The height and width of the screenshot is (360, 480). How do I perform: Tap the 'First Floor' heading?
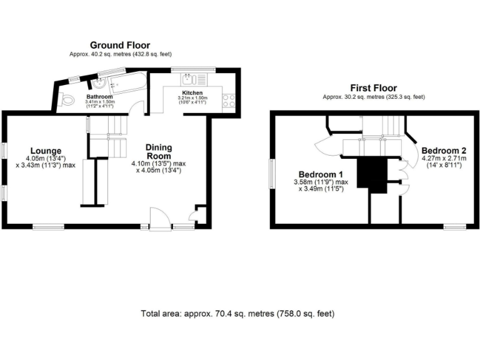tap(373, 88)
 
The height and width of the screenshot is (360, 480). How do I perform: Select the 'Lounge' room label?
tap(44, 151)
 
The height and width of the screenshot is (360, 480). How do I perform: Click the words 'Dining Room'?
tap(159, 151)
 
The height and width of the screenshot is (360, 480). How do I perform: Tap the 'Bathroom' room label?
tap(99, 97)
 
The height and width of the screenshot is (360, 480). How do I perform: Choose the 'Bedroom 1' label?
tap(320, 174)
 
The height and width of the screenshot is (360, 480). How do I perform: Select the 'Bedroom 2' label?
tap(444, 151)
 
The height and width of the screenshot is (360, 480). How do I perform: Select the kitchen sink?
tap(190, 79)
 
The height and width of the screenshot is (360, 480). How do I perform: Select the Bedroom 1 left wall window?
tap(272, 172)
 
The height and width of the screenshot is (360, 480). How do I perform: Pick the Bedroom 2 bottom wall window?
tap(455, 226)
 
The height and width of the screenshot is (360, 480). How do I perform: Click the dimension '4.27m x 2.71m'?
tap(444, 160)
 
